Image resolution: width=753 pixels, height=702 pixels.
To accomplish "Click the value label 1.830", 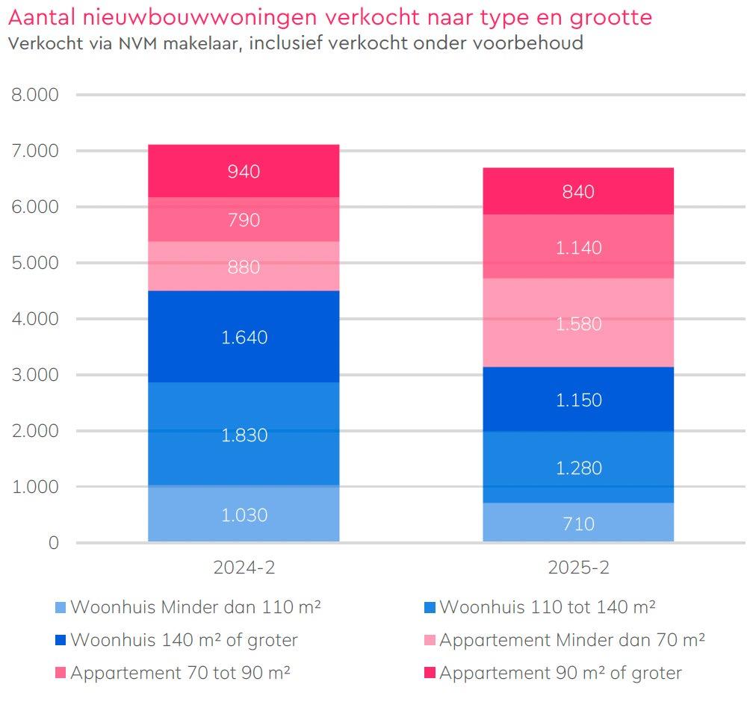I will (x=244, y=435).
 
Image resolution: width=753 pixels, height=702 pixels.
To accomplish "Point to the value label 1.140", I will (x=578, y=248).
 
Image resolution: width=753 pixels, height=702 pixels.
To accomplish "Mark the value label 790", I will (x=244, y=220).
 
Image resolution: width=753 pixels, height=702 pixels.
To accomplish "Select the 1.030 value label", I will (x=244, y=515).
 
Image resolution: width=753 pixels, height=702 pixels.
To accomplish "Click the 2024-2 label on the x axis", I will (x=244, y=568).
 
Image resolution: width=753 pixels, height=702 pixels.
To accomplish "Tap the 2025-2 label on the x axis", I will (x=578, y=568).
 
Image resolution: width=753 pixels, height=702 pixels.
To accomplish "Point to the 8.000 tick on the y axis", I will (x=34, y=95).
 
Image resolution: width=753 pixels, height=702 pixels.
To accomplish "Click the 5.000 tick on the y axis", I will (x=34, y=263).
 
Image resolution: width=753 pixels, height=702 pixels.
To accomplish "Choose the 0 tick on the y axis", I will (x=52, y=543).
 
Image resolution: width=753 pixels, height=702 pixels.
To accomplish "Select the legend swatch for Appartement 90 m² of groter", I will (x=430, y=674).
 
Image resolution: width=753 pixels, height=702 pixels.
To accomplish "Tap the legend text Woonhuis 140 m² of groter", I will (x=184, y=641).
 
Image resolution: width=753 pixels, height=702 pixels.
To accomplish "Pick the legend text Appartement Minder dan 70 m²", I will (x=572, y=641).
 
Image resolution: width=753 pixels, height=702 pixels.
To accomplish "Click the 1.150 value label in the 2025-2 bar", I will (x=578, y=400).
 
